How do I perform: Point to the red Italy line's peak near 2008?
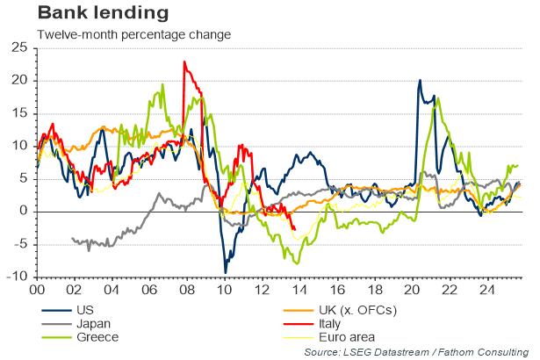(184, 61)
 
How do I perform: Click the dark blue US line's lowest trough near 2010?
(225, 272)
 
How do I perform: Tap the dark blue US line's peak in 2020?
(420, 81)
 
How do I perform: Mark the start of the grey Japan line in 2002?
(72, 238)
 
